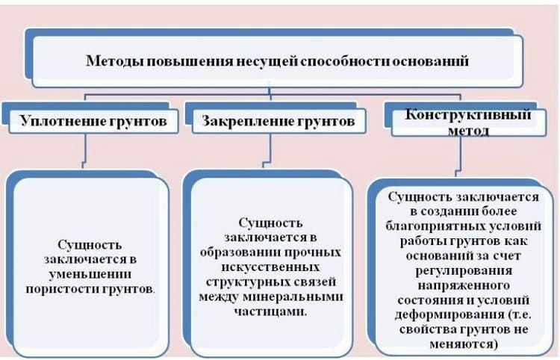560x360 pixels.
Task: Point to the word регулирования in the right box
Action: click(x=464, y=268)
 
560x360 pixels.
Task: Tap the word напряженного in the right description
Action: click(x=464, y=283)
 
